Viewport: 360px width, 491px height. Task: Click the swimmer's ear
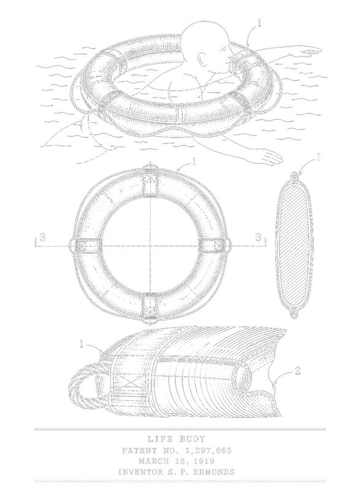202,59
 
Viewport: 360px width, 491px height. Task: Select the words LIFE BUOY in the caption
176,439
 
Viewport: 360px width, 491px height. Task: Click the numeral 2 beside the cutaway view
297,371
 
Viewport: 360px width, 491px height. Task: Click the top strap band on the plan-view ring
151,181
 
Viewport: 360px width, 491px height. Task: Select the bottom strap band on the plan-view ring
150,309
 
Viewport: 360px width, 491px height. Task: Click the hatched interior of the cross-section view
293,245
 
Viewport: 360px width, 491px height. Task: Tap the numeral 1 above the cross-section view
318,157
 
